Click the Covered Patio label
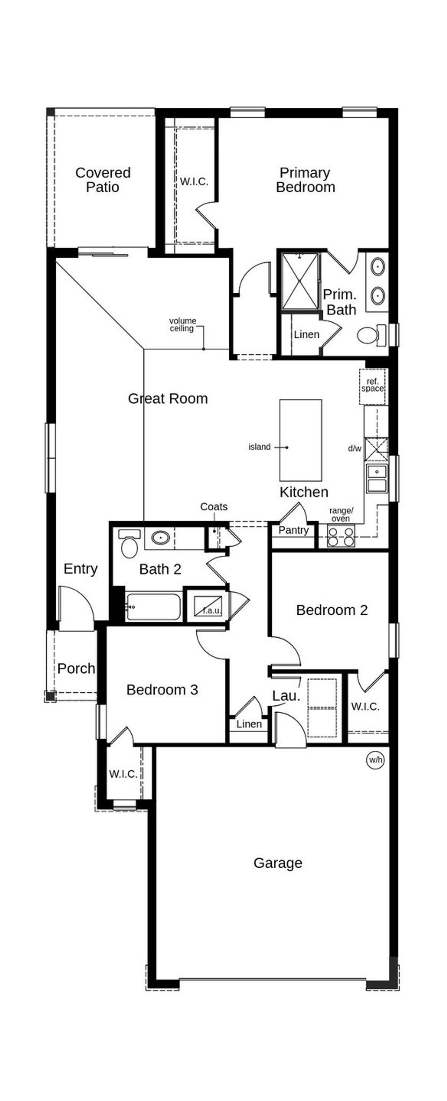point(103,180)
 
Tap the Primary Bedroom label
point(305,180)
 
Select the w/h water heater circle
point(375,760)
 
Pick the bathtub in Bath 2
point(154,606)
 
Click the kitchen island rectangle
point(300,440)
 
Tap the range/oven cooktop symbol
point(340,537)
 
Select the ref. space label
point(373,385)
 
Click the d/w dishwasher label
point(354,448)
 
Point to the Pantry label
point(293,530)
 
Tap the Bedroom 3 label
point(162,689)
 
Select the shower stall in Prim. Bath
point(301,280)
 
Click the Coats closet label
point(213,507)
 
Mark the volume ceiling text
point(183,324)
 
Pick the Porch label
point(76,668)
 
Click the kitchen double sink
point(377,479)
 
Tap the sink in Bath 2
point(160,537)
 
